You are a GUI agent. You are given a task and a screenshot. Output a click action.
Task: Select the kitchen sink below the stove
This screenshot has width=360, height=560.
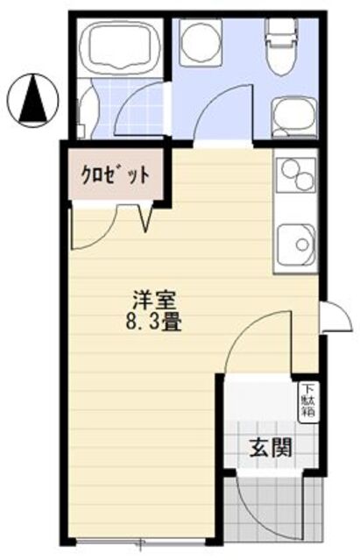point(295,242)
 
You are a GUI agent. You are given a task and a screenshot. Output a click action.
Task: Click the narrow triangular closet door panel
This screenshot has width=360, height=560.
point(146,216)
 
